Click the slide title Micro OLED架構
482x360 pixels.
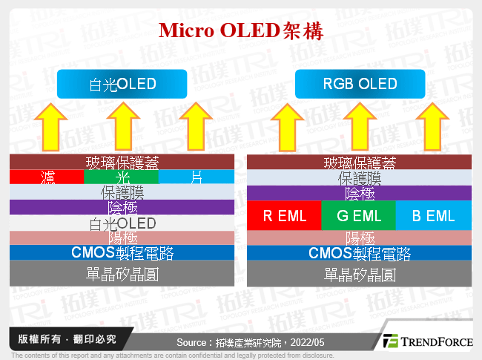241,31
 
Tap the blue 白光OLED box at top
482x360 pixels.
122,84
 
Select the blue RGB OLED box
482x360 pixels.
360,84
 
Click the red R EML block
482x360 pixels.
284,216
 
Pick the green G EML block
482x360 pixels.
359,216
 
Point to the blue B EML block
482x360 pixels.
434,216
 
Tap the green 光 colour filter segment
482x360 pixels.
122,177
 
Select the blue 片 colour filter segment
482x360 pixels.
197,177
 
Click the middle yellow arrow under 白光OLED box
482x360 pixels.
122,125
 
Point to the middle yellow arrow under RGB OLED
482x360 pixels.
360,125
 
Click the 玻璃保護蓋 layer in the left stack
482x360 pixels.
122,163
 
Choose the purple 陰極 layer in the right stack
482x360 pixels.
360,193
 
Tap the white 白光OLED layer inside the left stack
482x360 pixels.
122,223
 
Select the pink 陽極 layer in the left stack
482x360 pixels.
122,238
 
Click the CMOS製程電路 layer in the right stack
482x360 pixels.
360,253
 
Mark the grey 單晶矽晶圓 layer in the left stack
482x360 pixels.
122,274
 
